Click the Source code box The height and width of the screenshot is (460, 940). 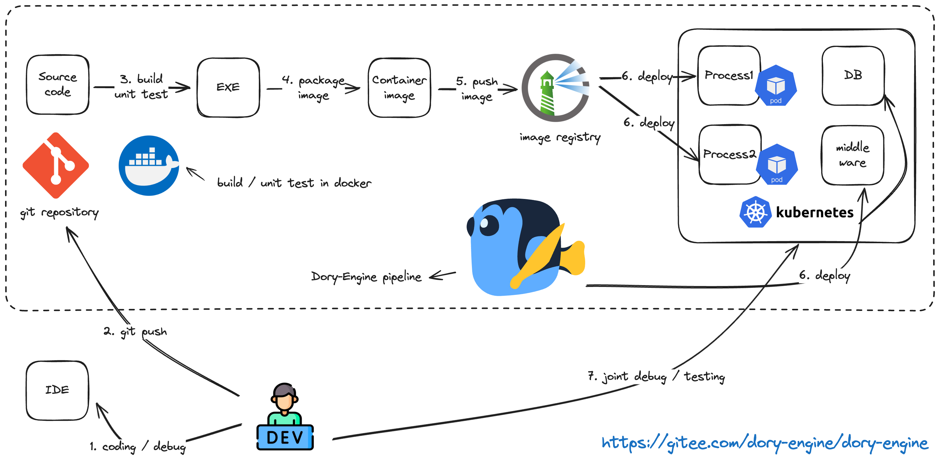[58, 85]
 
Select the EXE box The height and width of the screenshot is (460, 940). [228, 88]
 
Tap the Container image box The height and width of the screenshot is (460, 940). [399, 88]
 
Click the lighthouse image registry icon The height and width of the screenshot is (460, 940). [555, 88]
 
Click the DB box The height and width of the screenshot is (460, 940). [853, 75]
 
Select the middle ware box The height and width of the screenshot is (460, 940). [852, 155]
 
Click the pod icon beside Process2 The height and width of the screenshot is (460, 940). [777, 165]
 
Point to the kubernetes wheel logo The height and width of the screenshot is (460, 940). [755, 212]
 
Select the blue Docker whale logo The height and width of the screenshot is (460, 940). [149, 165]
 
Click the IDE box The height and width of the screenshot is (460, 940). [57, 390]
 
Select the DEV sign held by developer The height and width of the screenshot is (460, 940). [285, 437]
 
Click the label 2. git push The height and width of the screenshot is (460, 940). [135, 331]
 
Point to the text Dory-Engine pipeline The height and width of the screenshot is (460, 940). [366, 277]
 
